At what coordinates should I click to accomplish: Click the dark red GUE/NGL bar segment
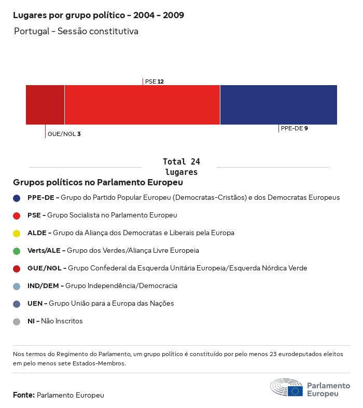(45, 105)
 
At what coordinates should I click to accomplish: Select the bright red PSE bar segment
(142, 105)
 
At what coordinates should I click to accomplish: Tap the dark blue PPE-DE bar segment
(278, 105)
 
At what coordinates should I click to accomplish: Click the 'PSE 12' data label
(155, 81)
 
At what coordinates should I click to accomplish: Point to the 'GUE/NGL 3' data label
(64, 134)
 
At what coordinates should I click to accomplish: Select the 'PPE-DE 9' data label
(294, 128)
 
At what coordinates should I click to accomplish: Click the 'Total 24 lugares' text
(181, 167)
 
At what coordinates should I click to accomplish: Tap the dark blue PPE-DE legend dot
(17, 198)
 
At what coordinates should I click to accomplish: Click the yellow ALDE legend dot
(17, 233)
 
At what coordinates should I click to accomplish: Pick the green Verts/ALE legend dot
(17, 251)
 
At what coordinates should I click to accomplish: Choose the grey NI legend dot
(17, 321)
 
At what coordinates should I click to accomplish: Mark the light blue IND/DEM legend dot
(17, 286)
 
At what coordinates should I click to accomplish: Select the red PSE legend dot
(17, 215)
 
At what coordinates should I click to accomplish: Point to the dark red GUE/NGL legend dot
(17, 268)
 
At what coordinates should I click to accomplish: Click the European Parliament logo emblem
(286, 388)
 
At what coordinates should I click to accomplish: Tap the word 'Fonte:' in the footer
(24, 395)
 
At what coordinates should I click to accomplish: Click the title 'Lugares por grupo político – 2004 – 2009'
(99, 15)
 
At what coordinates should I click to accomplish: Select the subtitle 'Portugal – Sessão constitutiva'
(76, 32)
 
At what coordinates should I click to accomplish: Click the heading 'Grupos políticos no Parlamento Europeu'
(98, 183)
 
